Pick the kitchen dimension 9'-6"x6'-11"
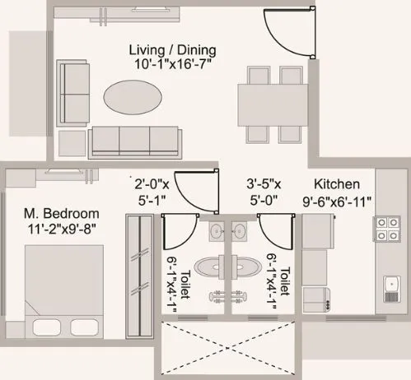(x=337, y=200)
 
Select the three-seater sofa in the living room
(x=134, y=141)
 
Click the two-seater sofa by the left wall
(x=75, y=94)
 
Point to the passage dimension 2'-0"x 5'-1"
(x=152, y=191)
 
